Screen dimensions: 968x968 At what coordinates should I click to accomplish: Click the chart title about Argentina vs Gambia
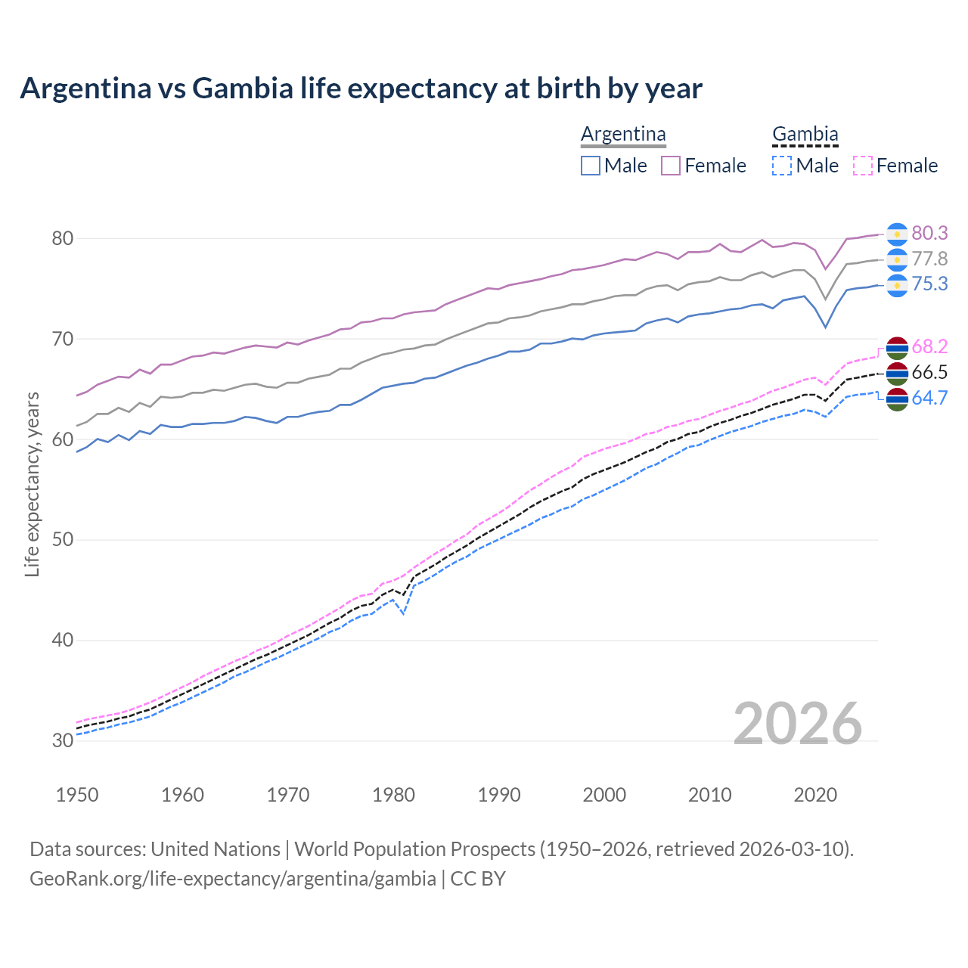pyautogui.click(x=361, y=88)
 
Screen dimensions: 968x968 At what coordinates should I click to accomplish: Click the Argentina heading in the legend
pyautogui.click(x=623, y=135)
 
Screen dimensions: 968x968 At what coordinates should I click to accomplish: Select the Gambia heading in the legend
pyautogui.click(x=805, y=135)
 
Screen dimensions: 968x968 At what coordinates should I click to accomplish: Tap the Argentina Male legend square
pyautogui.click(x=591, y=166)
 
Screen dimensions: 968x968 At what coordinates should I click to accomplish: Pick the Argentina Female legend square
pyautogui.click(x=671, y=166)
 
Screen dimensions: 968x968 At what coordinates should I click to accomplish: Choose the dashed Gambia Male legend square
pyautogui.click(x=782, y=166)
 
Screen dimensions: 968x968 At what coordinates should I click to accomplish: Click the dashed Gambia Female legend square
pyautogui.click(x=862, y=166)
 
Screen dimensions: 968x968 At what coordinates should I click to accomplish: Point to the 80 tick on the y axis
pyautogui.click(x=62, y=238)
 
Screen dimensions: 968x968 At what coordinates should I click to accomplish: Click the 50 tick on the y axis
pyautogui.click(x=62, y=539)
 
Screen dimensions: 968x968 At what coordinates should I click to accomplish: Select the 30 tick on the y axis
pyautogui.click(x=62, y=740)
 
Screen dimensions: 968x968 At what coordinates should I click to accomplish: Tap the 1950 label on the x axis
pyautogui.click(x=77, y=795)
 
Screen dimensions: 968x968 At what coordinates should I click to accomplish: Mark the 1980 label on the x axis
pyautogui.click(x=393, y=795)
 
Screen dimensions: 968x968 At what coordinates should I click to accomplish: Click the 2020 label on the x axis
pyautogui.click(x=815, y=795)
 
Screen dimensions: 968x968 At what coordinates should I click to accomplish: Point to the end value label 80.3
pyautogui.click(x=929, y=233)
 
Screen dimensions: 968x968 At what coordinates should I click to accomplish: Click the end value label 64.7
pyautogui.click(x=929, y=398)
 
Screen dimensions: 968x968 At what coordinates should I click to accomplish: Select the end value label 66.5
pyautogui.click(x=929, y=372)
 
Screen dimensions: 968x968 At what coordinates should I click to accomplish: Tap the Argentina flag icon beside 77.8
pyautogui.click(x=897, y=259)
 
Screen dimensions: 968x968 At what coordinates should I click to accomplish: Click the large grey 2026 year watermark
pyautogui.click(x=798, y=724)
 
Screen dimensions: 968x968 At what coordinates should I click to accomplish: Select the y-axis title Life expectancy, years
pyautogui.click(x=32, y=484)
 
